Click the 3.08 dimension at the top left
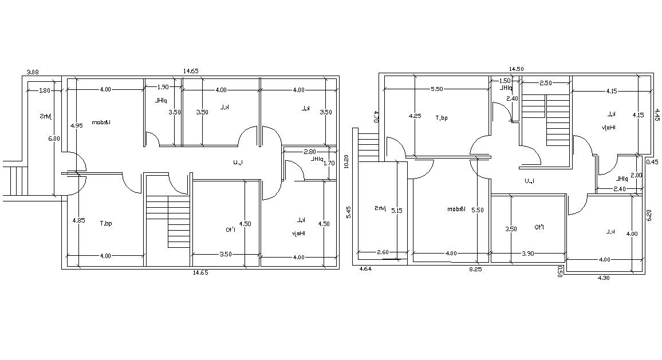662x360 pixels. (33, 72)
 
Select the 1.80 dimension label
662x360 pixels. (45, 90)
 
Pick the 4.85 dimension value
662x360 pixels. (78, 220)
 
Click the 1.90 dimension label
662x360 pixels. (163, 87)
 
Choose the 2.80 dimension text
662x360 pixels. (310, 152)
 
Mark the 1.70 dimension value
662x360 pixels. (329, 163)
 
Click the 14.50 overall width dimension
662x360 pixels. (516, 69)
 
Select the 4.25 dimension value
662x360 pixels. (415, 116)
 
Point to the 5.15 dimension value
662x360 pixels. (396, 211)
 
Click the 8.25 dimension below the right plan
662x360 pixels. (475, 268)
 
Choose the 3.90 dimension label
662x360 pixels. (527, 253)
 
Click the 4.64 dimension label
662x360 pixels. (365, 268)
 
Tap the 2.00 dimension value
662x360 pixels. (636, 175)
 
